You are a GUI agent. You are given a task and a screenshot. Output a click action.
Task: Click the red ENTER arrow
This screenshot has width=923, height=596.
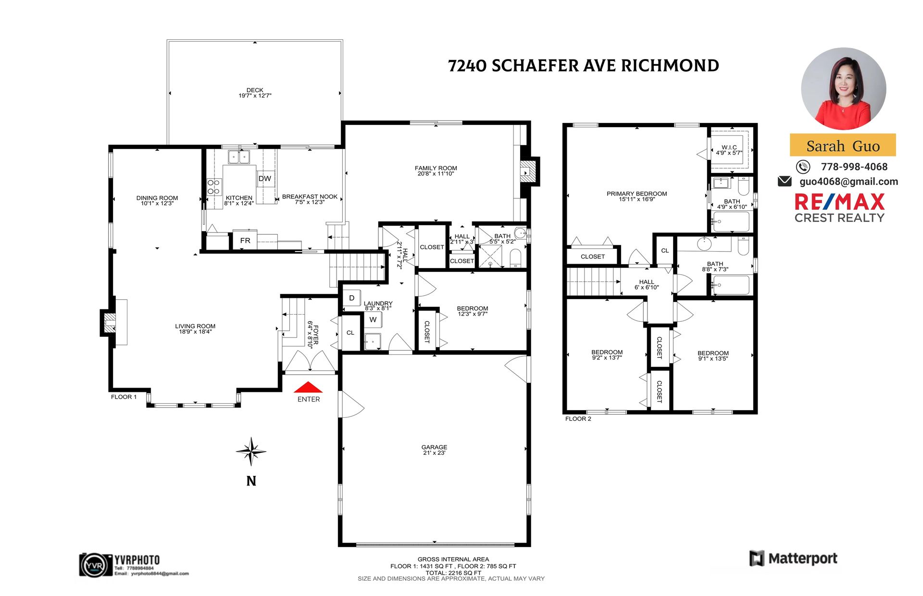308,387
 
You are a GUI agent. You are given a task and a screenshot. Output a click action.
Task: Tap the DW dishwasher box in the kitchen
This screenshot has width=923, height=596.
265,179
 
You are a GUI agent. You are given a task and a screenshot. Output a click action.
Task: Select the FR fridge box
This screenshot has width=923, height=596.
245,240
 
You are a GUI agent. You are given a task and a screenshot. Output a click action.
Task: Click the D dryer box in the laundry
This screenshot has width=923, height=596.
351,298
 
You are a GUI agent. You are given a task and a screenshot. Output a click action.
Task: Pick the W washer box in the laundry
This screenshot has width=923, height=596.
373,319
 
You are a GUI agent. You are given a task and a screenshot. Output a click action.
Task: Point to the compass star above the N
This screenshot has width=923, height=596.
251,451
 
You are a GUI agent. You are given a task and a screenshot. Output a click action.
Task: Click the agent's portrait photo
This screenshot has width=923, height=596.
843,89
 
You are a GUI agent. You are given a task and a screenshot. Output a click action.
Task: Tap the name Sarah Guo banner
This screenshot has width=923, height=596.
843,145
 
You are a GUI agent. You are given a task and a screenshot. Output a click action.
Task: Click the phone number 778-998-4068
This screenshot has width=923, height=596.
854,167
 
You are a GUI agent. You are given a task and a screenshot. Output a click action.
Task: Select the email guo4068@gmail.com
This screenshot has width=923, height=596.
848,182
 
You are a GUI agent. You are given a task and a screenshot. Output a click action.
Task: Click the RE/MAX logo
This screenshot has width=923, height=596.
839,208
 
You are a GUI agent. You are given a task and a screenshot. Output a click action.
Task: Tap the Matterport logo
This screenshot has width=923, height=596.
793,559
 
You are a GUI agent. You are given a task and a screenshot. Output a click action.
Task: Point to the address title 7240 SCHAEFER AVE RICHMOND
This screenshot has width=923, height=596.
583,66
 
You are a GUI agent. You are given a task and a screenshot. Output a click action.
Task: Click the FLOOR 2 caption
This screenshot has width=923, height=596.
578,419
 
